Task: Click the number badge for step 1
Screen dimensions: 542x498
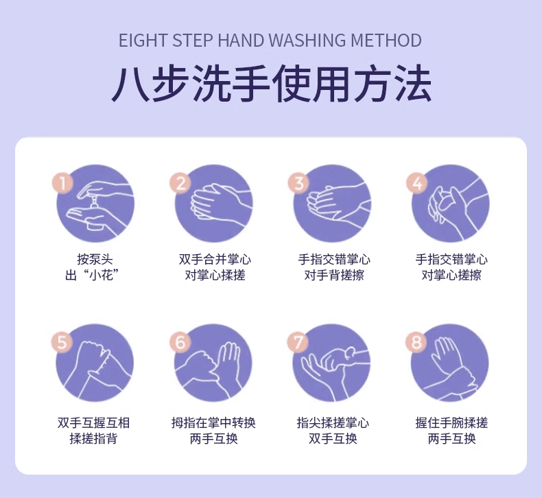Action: click(x=62, y=183)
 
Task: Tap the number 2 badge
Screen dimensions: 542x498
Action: click(x=180, y=183)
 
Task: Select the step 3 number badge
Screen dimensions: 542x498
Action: click(x=298, y=183)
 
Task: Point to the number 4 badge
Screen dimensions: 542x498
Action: click(x=416, y=183)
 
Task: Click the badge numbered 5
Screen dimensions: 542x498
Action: click(x=62, y=342)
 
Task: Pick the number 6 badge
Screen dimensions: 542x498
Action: click(x=180, y=342)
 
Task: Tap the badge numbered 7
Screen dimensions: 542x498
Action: click(x=298, y=342)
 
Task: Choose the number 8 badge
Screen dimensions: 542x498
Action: click(x=416, y=342)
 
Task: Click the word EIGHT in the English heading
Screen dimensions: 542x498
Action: click(x=143, y=41)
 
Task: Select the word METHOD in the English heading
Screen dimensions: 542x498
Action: click(x=386, y=41)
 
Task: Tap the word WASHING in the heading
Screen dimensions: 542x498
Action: click(x=307, y=41)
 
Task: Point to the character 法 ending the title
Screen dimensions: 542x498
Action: click(x=414, y=84)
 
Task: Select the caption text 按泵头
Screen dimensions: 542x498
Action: click(x=95, y=259)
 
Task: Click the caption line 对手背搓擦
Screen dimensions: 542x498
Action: click(x=334, y=275)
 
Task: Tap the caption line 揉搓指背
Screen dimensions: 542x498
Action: click(x=93, y=438)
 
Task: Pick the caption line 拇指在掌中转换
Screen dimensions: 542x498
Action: click(x=213, y=422)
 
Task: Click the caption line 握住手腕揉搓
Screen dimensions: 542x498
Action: click(x=451, y=422)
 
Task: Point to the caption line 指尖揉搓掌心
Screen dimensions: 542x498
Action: click(x=333, y=422)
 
